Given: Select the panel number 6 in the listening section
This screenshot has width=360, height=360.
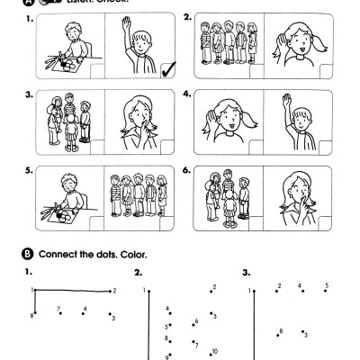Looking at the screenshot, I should click(187, 168).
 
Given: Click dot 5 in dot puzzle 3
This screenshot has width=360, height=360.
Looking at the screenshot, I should click(326, 290).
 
